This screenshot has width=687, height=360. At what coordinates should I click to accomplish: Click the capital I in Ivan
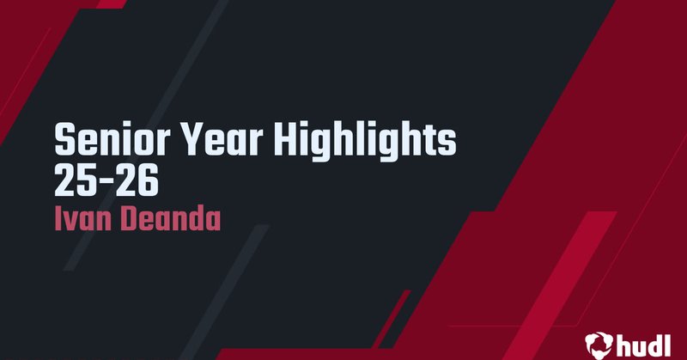(58, 218)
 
